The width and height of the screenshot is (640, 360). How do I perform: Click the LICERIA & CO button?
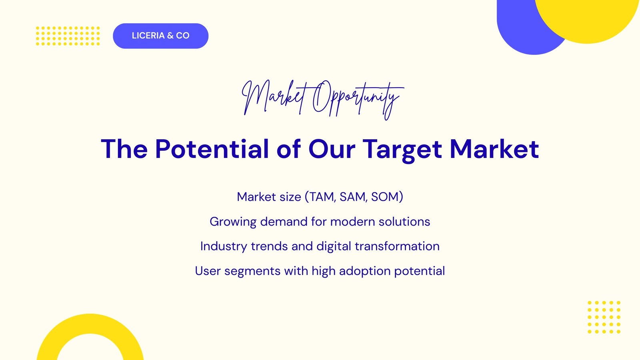160,36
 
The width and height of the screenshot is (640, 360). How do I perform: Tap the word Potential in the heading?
212,149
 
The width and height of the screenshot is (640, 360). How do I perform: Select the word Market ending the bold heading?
494,149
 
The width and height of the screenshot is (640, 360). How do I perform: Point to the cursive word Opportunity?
358,100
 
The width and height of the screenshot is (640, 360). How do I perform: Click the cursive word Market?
274,98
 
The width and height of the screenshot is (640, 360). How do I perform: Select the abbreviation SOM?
385,197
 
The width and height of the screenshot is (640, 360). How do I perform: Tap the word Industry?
224,246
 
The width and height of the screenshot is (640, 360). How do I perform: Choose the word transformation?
397,246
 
